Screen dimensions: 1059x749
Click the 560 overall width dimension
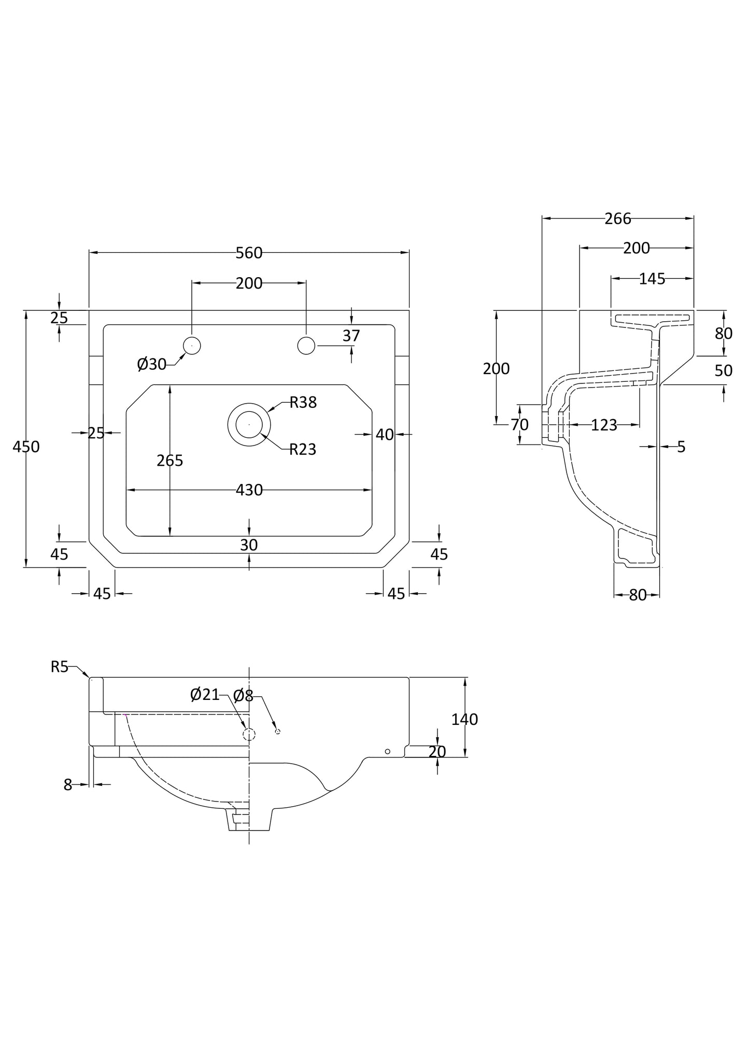pos(249,253)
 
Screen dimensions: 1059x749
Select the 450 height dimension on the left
pos(26,447)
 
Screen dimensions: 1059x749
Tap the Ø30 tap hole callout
pos(151,364)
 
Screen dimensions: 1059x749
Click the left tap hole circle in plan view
pos(192,346)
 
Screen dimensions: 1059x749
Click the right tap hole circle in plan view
pos(306,346)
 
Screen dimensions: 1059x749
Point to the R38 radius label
pos(303,402)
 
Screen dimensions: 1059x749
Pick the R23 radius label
pos(302,449)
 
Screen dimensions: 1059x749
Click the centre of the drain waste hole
pos(249,424)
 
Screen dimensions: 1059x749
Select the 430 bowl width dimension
pos(249,490)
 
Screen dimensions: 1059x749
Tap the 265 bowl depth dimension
pos(170,460)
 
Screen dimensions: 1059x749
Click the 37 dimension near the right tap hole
pos(351,336)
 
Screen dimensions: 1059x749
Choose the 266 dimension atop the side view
pos(618,219)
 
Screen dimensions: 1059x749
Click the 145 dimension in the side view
pos(652,279)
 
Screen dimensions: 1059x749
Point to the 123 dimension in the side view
pos(604,425)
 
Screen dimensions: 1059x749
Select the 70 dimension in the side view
pos(519,425)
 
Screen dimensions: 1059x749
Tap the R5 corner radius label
pos(59,667)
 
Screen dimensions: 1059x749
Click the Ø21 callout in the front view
pos(205,694)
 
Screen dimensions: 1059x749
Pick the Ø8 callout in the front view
pos(243,696)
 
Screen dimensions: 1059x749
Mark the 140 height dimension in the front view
pos(464,719)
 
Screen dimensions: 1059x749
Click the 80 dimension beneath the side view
pos(638,595)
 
